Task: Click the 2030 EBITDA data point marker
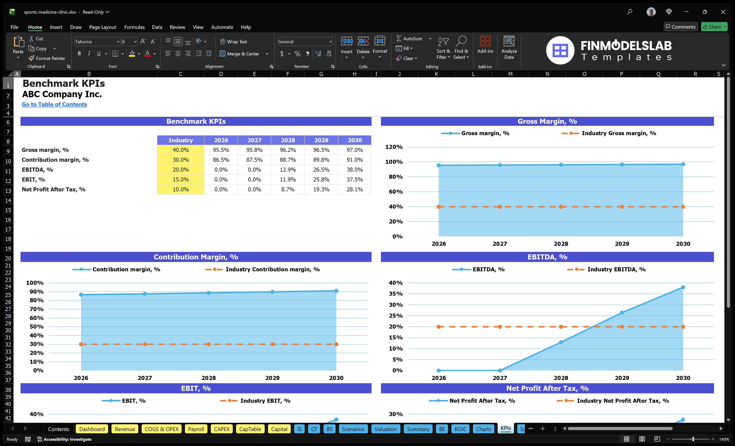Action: point(683,287)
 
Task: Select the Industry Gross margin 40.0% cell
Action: point(181,150)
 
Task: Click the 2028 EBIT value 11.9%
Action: point(287,179)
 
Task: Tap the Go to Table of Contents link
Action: point(54,104)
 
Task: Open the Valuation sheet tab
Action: point(385,429)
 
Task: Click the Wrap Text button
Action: point(234,42)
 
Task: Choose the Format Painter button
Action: point(47,58)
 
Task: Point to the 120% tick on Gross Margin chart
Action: point(394,147)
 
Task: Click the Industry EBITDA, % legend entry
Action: point(616,270)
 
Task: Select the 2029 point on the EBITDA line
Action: point(622,312)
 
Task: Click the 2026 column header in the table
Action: point(221,140)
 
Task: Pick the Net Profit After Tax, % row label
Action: point(54,189)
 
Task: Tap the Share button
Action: point(714,27)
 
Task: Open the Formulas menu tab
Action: point(134,27)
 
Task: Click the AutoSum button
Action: point(409,39)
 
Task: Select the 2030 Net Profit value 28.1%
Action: point(354,189)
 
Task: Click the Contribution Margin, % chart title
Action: point(196,257)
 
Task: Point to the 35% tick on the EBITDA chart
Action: point(396,294)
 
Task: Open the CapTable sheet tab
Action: point(250,429)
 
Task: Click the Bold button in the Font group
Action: point(79,54)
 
